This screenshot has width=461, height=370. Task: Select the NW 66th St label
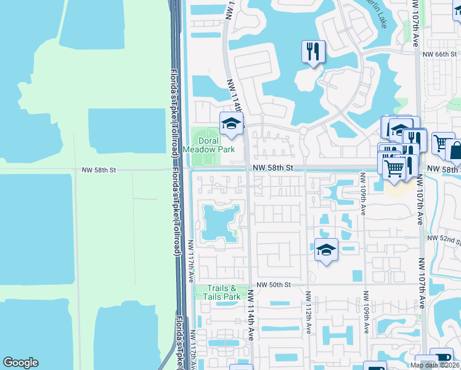coord(439,55)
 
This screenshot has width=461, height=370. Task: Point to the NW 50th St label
coord(274,285)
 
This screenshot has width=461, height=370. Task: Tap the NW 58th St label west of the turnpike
coord(99,169)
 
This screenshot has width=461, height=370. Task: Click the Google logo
coord(20,363)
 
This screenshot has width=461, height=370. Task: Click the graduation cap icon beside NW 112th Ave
coord(326,250)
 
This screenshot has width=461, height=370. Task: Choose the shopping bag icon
coord(455,150)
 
